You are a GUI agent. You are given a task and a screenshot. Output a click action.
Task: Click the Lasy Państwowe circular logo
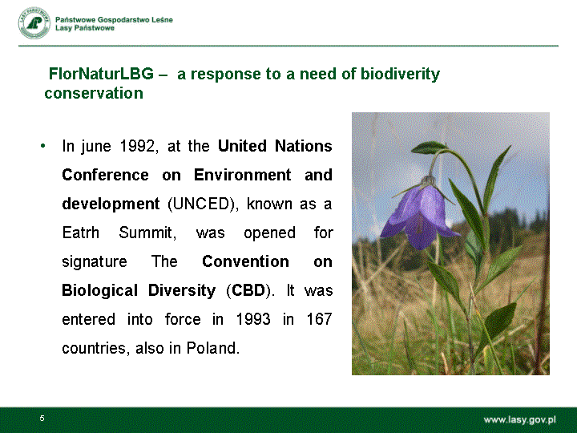point(34,23)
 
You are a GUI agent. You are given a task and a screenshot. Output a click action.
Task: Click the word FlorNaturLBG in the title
point(101,74)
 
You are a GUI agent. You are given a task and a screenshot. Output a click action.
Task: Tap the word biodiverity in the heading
point(400,74)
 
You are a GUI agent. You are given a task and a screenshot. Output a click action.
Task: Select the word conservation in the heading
point(94,93)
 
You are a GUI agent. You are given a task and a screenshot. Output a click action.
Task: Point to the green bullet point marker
point(43,146)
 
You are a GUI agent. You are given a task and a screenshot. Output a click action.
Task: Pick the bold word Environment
point(243,175)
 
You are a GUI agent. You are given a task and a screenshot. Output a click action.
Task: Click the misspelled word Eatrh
point(81,233)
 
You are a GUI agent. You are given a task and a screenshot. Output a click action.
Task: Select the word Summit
point(147,233)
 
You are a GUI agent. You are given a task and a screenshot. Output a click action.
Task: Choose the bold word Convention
point(245,261)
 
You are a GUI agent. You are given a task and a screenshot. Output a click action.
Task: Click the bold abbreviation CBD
point(248,290)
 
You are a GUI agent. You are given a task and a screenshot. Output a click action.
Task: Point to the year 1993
point(252,319)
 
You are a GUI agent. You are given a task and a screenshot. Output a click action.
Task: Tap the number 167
point(319,319)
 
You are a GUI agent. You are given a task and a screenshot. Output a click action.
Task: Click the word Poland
point(213,348)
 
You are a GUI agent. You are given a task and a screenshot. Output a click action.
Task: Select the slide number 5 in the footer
point(42,419)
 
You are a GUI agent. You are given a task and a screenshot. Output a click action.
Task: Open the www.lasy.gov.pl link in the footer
point(519,419)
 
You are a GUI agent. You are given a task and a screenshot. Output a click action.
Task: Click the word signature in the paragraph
point(95,261)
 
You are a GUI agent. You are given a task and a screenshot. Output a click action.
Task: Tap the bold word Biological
point(99,290)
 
